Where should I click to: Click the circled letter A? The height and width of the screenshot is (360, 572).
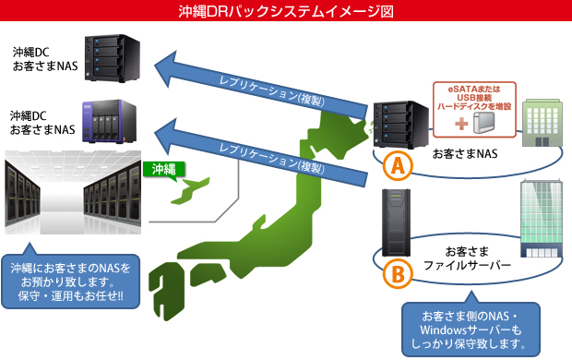coord(395,166)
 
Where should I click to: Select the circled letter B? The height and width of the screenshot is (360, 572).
coord(395,275)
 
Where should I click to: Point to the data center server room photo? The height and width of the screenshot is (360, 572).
coord(74,191)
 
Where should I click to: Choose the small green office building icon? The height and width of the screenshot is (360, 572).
coord(541,126)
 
